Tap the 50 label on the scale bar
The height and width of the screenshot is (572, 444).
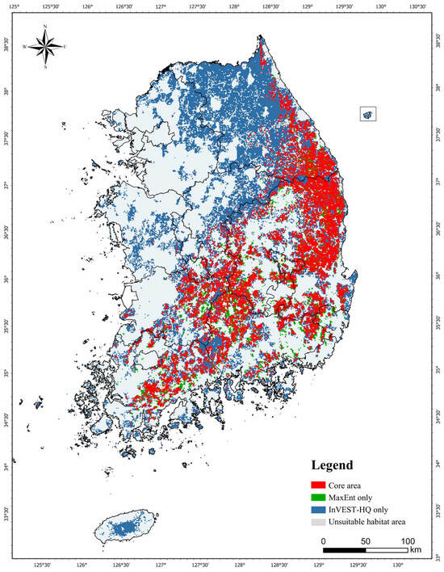(x=365, y=540)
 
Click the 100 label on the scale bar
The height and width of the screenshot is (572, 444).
(x=407, y=540)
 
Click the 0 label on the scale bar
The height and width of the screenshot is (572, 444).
(x=323, y=540)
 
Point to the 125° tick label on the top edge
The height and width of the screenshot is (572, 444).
(x=14, y=6)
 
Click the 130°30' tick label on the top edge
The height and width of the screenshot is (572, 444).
(x=417, y=6)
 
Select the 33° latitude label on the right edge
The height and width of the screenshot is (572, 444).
(x=438, y=557)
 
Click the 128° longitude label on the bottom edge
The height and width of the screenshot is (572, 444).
(x=241, y=566)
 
